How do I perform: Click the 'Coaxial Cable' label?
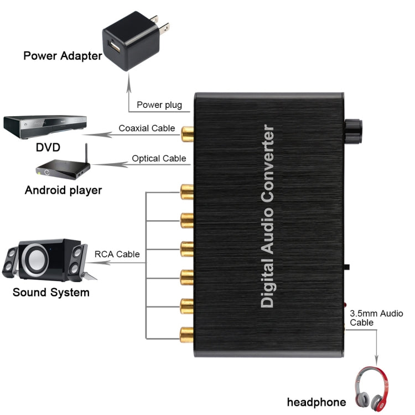point(147,128)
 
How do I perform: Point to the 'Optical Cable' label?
point(159,158)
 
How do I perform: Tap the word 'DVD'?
point(48,148)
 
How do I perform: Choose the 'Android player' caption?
point(64,190)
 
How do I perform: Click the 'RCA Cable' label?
point(117,255)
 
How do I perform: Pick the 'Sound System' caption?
point(51,292)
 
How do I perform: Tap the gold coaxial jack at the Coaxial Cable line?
point(186,132)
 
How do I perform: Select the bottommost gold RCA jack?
point(186,333)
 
